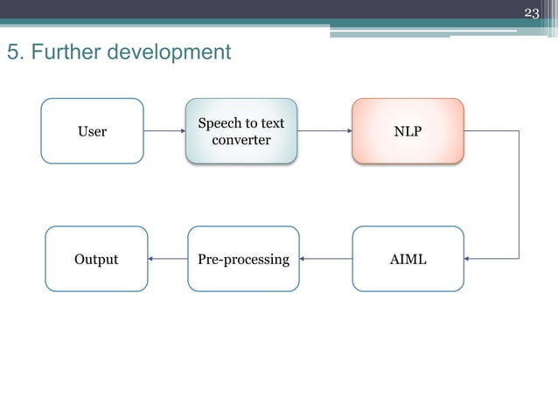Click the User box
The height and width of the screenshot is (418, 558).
[x=92, y=131]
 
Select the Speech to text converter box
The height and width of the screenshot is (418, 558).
[x=241, y=131]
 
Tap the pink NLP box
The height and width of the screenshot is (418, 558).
[x=408, y=131]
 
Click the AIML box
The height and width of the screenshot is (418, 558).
[x=408, y=259]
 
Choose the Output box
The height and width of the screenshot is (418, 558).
[x=96, y=259]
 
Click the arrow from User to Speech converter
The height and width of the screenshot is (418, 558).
[x=164, y=131]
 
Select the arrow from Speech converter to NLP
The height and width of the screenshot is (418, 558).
[x=324, y=131]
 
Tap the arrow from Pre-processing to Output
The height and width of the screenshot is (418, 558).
[x=168, y=259]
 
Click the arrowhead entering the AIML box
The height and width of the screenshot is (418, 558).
[x=469, y=259]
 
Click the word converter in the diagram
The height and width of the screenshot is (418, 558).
[x=241, y=140]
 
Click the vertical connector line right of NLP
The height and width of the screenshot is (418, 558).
[x=520, y=194]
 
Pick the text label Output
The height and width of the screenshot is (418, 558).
[x=96, y=259]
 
